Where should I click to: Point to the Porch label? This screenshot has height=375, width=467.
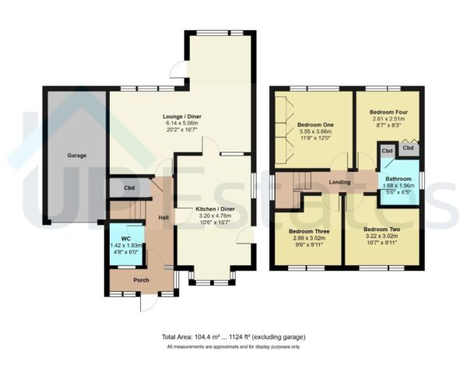[141, 280]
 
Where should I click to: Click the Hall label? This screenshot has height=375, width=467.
[163, 219]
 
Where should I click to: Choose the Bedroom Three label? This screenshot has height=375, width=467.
[309, 232]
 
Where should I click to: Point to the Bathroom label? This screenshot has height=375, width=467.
[397, 179]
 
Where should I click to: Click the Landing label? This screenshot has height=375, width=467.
[341, 183]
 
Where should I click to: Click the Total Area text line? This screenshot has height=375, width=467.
[233, 337]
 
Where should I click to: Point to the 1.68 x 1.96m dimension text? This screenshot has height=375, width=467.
[397, 186]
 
